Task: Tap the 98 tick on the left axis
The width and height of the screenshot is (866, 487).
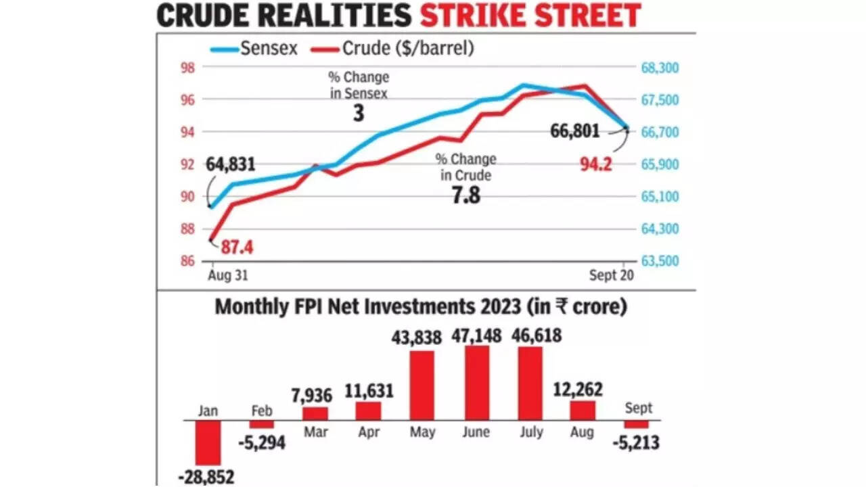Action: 187,68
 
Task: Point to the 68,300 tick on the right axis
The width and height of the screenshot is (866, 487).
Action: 659,68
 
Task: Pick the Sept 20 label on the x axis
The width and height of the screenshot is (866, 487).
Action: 610,276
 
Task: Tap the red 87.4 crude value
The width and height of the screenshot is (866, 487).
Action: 237,248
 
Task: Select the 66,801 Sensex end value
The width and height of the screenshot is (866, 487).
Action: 575,131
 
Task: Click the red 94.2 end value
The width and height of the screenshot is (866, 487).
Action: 596,163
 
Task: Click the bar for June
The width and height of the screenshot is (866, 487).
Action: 476,383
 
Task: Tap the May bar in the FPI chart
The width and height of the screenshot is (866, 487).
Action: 422,385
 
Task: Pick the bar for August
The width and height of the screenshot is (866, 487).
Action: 583,411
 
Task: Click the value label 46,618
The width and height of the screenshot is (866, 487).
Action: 530,335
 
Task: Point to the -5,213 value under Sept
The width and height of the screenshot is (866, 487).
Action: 636,442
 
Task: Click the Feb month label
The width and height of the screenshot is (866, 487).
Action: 262,411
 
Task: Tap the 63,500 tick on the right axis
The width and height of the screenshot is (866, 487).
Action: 659,261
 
